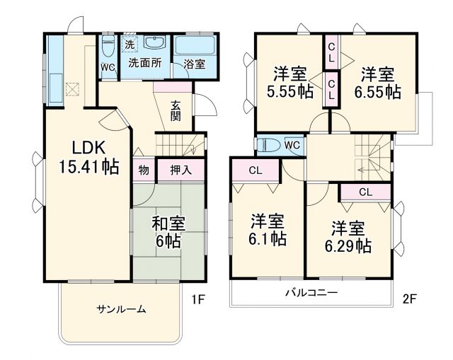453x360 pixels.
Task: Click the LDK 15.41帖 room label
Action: click(88, 157)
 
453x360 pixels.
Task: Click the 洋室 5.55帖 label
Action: click(290, 83)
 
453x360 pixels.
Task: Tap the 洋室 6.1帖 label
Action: click(267, 230)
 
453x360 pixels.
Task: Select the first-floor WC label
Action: click(108, 68)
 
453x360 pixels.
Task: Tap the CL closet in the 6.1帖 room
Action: click(256, 170)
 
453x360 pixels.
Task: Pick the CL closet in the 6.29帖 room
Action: click(365, 192)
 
